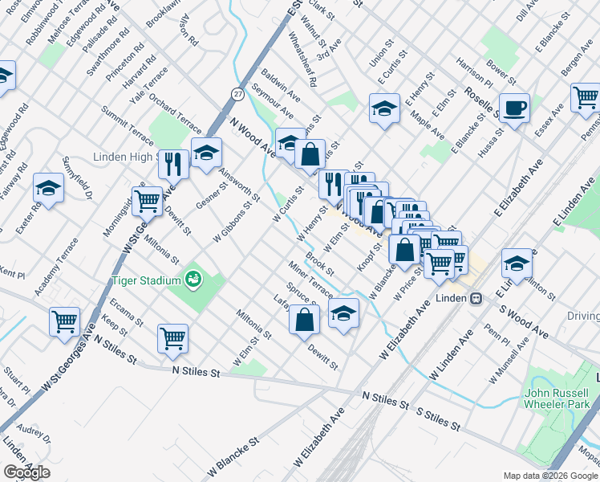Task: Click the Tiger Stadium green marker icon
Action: (193, 280)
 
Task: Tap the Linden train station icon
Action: (476, 297)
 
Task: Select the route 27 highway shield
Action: (238, 94)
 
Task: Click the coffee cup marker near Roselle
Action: (513, 107)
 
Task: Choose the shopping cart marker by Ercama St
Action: (64, 321)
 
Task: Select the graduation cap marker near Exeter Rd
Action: (48, 189)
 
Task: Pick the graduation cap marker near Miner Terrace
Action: (343, 312)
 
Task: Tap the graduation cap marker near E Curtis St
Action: (384, 107)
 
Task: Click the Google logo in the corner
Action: (26, 472)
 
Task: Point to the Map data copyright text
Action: (549, 476)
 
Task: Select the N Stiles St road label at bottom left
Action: (197, 372)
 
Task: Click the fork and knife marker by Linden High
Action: (173, 164)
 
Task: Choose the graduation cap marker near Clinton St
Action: (517, 263)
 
